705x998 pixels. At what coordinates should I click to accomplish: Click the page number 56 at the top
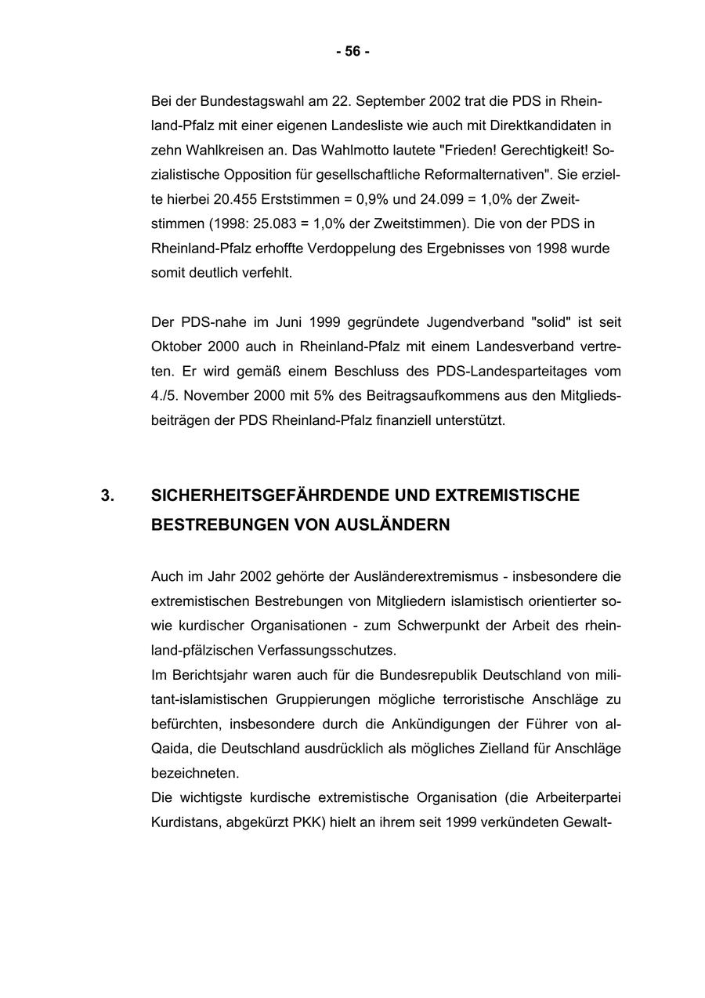coord(352,52)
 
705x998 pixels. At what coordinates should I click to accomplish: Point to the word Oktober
coord(175,347)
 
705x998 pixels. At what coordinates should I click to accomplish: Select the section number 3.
coord(107,495)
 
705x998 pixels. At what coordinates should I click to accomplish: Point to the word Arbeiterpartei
coord(577,797)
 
